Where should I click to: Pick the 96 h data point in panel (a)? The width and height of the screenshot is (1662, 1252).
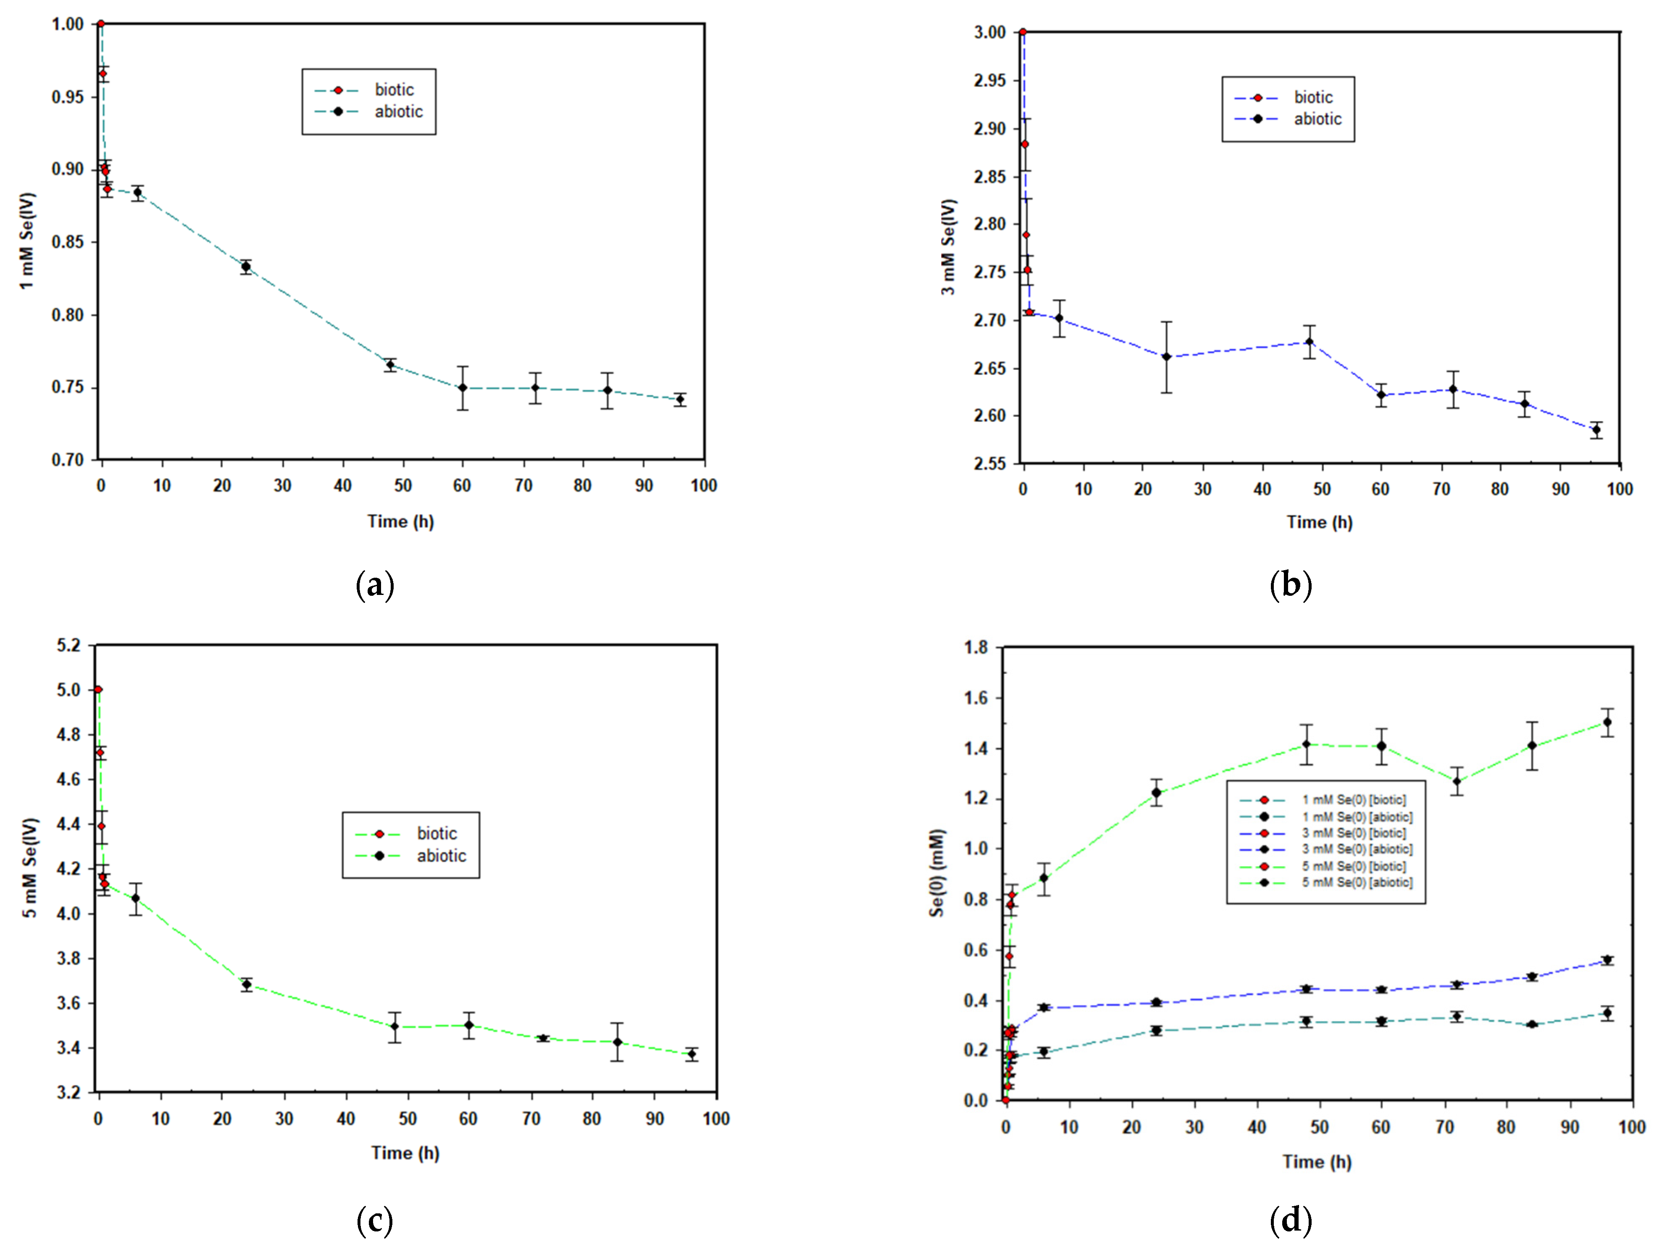[x=680, y=400]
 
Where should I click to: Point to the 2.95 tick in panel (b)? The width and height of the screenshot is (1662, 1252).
[x=989, y=80]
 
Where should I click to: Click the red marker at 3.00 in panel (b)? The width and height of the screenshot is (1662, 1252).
[x=1023, y=32]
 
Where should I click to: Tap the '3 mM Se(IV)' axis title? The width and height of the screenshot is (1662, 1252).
[x=948, y=247]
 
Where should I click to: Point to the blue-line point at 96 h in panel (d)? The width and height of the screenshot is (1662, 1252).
[x=1607, y=960]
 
